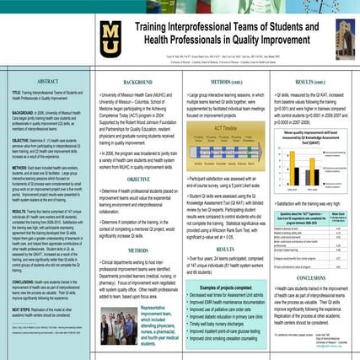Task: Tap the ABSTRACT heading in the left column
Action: tap(48, 81)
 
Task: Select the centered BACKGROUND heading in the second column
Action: tap(138, 82)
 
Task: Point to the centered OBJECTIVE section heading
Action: tap(138, 179)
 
